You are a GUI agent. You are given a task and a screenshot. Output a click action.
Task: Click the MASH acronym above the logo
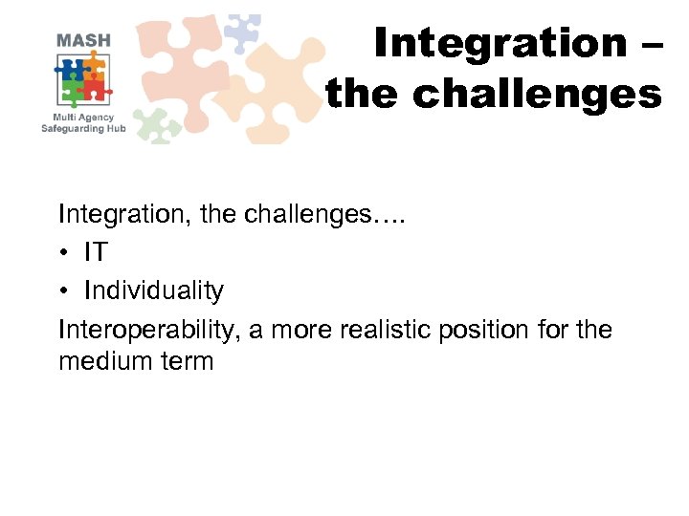pyautogui.click(x=83, y=40)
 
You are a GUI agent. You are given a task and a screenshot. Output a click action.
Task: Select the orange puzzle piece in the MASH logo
pyautogui.click(x=93, y=67)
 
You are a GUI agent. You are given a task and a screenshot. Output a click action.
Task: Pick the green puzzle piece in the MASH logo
pyautogui.click(x=72, y=92)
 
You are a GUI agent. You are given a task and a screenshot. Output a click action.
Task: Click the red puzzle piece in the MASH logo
pyautogui.click(x=95, y=90)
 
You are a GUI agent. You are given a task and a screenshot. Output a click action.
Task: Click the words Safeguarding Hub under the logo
pyautogui.click(x=83, y=129)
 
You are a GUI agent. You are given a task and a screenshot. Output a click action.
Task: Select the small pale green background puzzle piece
pyautogui.click(x=157, y=123)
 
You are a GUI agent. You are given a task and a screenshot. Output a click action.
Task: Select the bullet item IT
pyautogui.click(x=96, y=251)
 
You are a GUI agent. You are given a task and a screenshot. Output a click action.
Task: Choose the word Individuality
pyautogui.click(x=154, y=290)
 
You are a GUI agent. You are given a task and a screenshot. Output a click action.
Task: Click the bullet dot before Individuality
pyautogui.click(x=64, y=290)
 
